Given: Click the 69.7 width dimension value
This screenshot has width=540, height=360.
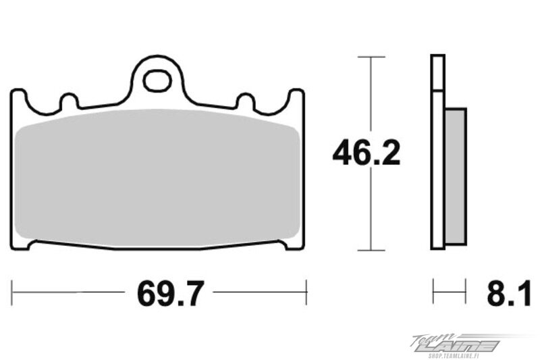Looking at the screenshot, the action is (171, 293).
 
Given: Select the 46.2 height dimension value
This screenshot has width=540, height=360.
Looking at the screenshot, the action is (367, 153).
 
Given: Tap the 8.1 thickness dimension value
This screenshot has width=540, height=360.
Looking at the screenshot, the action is (509, 293).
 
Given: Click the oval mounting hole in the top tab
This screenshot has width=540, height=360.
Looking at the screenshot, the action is (157, 81).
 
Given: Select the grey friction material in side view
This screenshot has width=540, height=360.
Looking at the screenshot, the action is (456, 176).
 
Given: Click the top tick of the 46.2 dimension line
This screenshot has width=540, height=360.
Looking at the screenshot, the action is (371, 57).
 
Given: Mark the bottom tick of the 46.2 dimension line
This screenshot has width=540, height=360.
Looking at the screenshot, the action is (371, 251).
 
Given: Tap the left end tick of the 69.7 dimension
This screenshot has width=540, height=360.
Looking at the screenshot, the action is (12, 292).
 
